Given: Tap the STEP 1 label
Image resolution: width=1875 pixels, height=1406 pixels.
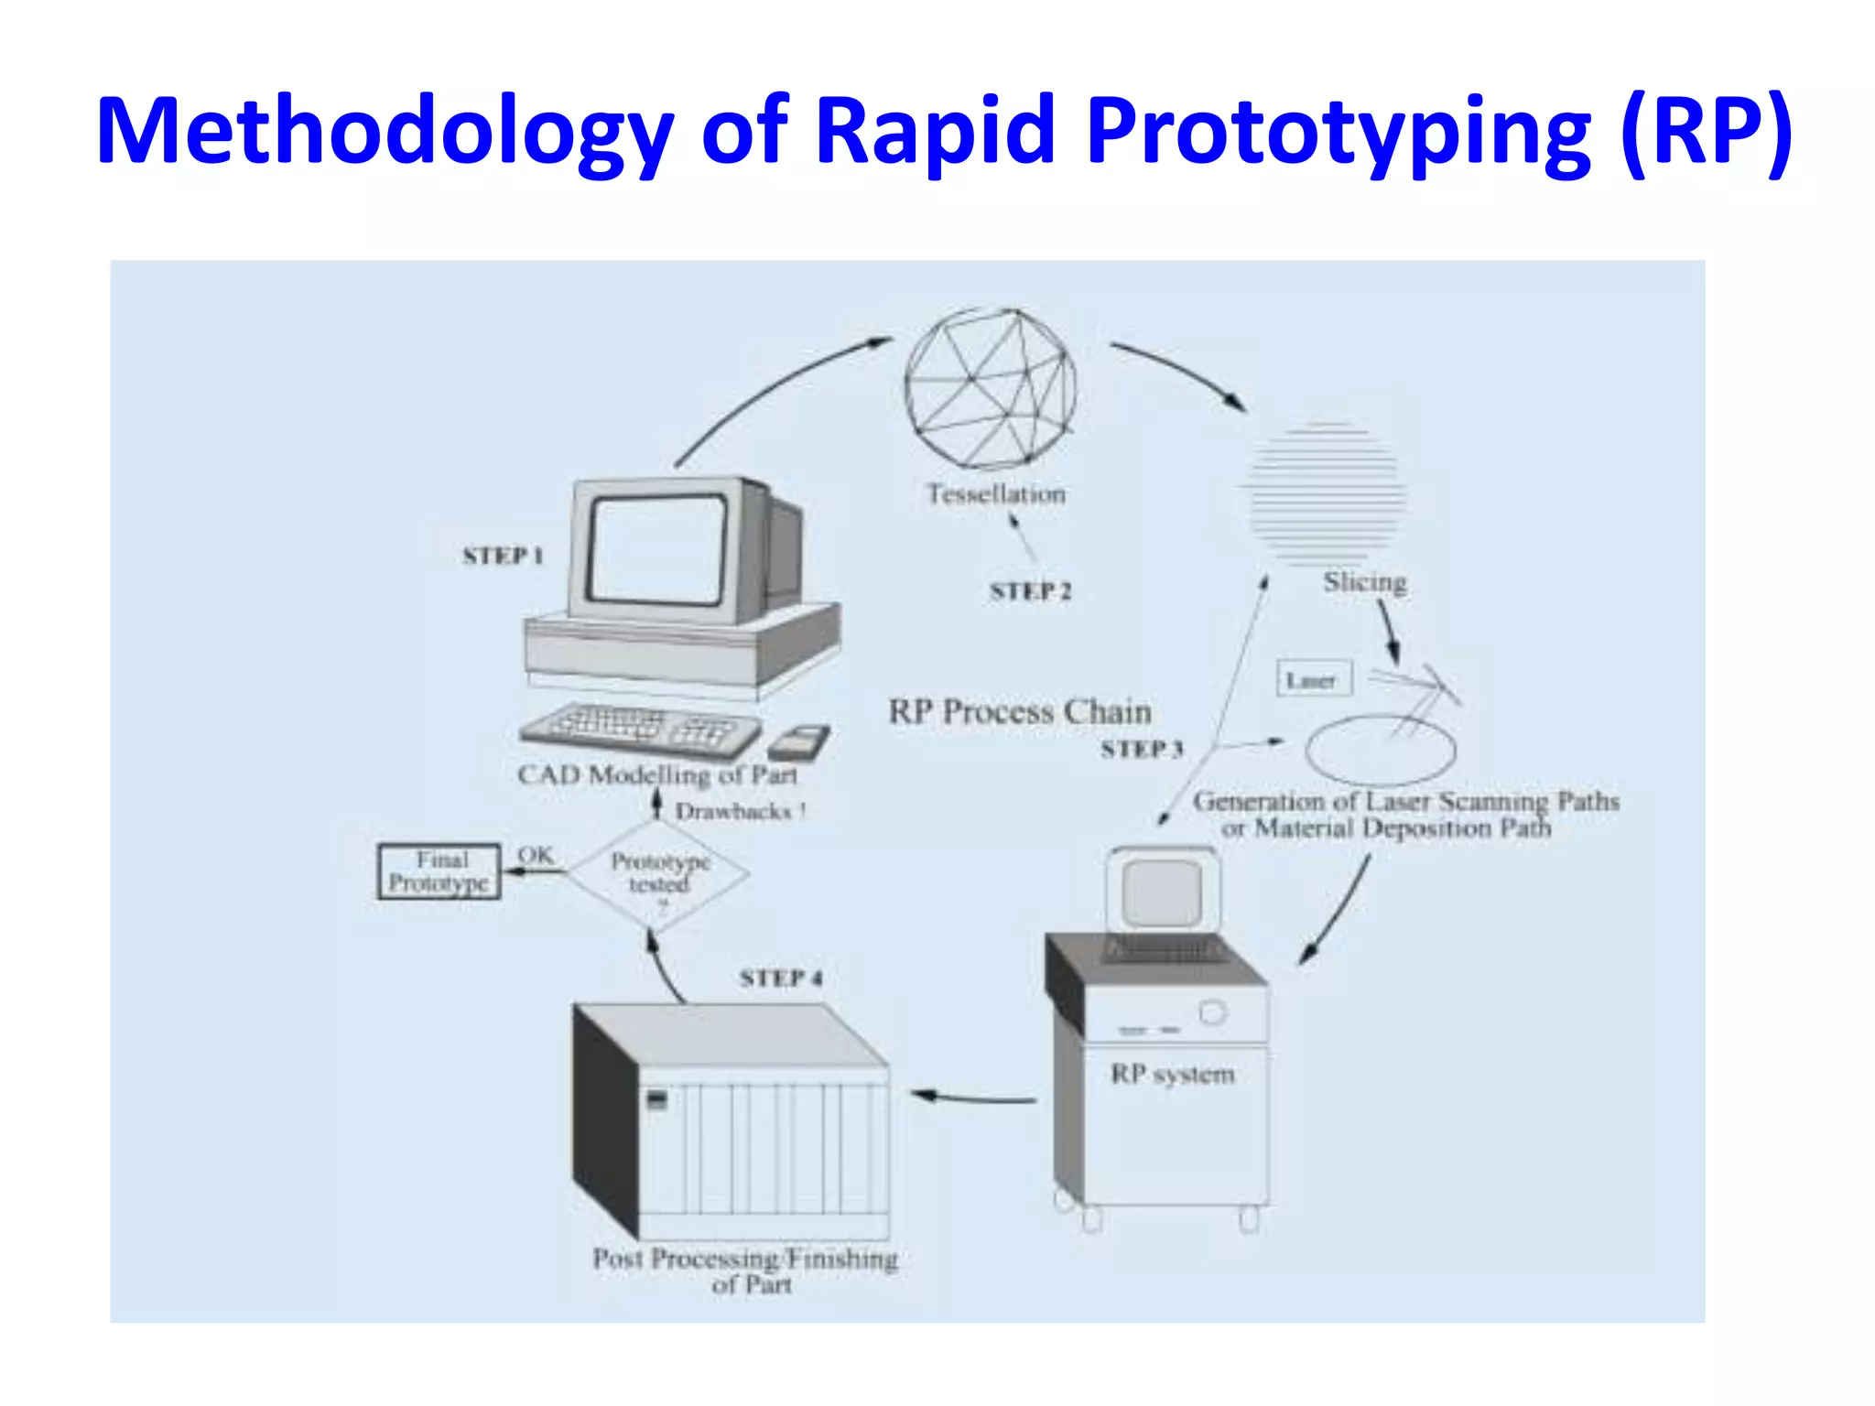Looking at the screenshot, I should tap(503, 556).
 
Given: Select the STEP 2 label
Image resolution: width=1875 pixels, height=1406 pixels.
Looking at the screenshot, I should tap(1030, 591).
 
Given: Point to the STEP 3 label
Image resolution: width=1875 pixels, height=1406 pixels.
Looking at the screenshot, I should tap(1142, 750).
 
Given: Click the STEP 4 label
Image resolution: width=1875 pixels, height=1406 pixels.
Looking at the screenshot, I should tap(781, 979).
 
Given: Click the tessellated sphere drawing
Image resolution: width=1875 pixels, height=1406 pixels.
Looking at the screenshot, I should tap(990, 388).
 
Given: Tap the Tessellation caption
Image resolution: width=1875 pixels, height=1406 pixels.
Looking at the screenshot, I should tap(996, 494).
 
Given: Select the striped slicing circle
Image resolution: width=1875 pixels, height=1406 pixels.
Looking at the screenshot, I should tap(1326, 492).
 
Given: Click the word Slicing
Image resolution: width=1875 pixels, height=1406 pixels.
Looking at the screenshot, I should tap(1364, 582).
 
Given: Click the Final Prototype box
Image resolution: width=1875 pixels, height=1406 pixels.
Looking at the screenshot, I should tap(439, 871).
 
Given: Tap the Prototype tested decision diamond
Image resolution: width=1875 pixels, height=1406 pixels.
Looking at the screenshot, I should tap(659, 874).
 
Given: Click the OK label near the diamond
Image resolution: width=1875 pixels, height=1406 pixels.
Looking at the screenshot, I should tap(536, 855).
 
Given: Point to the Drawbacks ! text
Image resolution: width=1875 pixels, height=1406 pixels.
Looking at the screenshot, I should tap(740, 812).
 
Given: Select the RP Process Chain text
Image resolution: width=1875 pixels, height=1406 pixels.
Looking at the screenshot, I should tap(1020, 712).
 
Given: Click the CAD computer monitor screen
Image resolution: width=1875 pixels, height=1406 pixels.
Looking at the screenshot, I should tap(657, 549).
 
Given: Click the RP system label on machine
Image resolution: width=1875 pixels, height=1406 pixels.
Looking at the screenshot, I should tap(1173, 1074).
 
